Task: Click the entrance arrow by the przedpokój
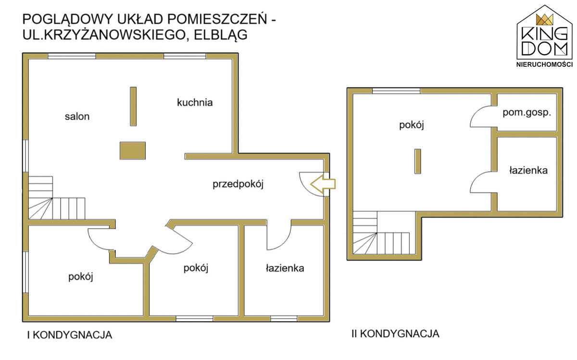323,184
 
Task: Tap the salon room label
77,116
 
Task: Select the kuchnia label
195,102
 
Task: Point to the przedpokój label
239,184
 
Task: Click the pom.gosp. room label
527,113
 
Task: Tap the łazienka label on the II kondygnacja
528,170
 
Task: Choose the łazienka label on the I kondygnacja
285,268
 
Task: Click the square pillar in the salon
132,150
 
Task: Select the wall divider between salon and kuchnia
133,106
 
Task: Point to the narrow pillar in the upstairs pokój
417,161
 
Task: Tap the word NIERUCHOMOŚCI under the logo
544,64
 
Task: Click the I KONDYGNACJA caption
69,335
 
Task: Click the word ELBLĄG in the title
222,35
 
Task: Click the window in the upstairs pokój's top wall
396,91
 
